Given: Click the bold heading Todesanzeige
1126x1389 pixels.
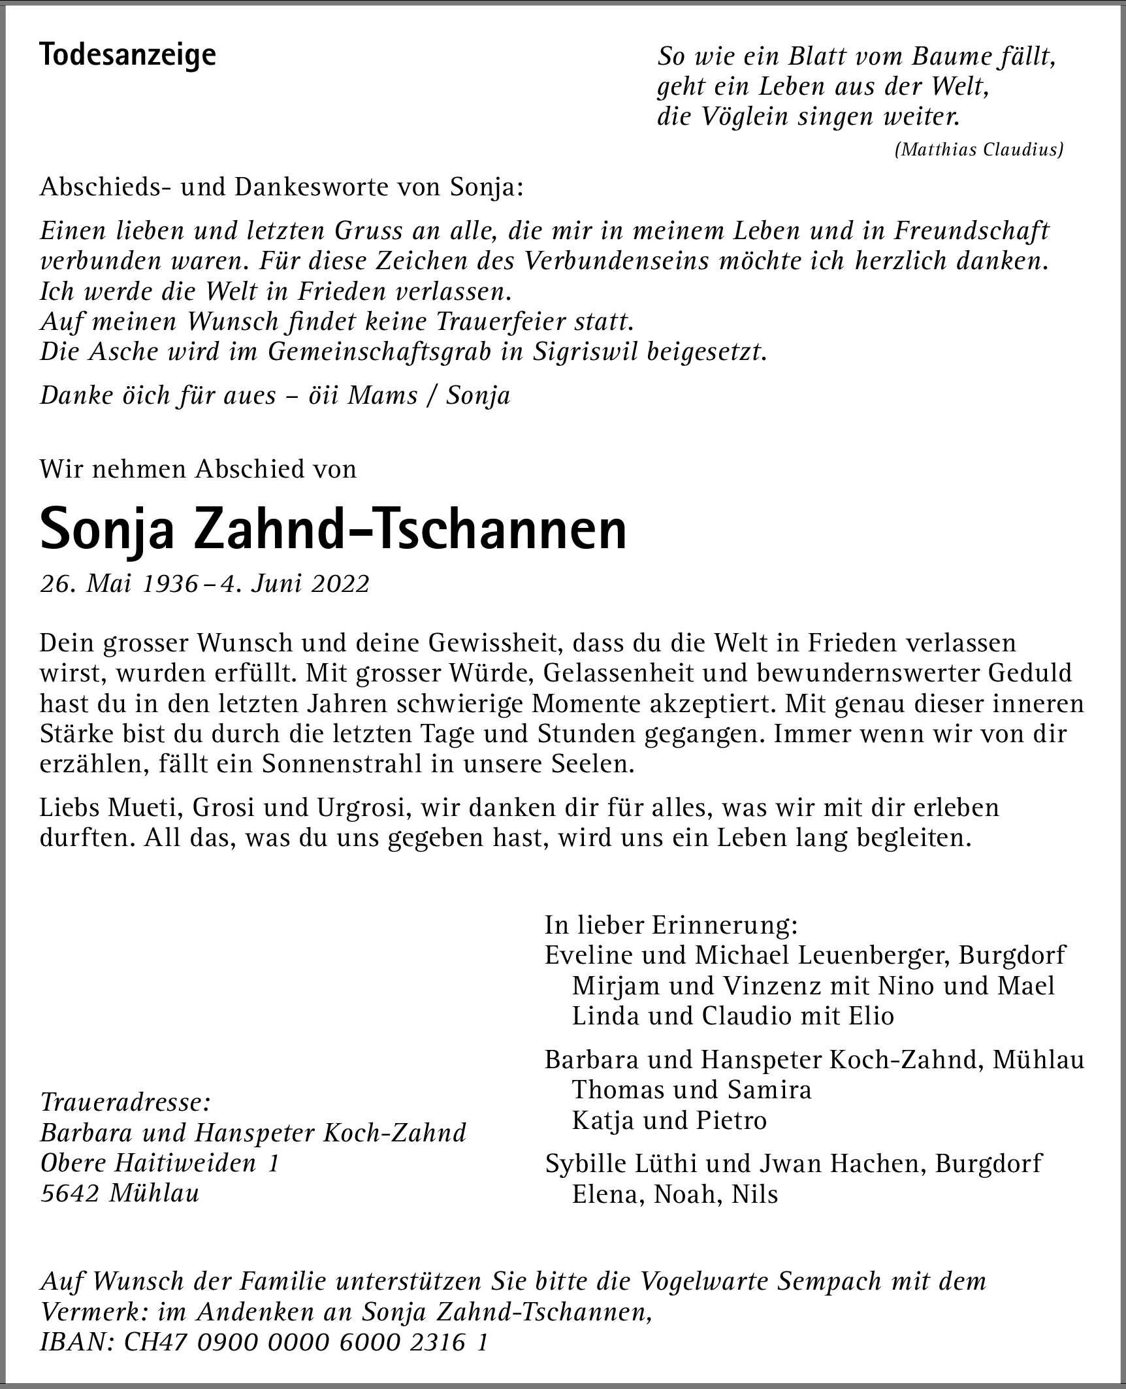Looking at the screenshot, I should coord(127,55).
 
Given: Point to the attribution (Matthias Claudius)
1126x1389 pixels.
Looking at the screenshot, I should coord(978,150).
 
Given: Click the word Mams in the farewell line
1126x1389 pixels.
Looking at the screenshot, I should coord(382,396).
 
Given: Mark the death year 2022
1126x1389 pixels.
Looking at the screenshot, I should coord(340,583).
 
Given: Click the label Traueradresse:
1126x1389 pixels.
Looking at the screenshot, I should coord(125,1103).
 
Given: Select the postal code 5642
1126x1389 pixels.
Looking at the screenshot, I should coord(69,1193).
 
